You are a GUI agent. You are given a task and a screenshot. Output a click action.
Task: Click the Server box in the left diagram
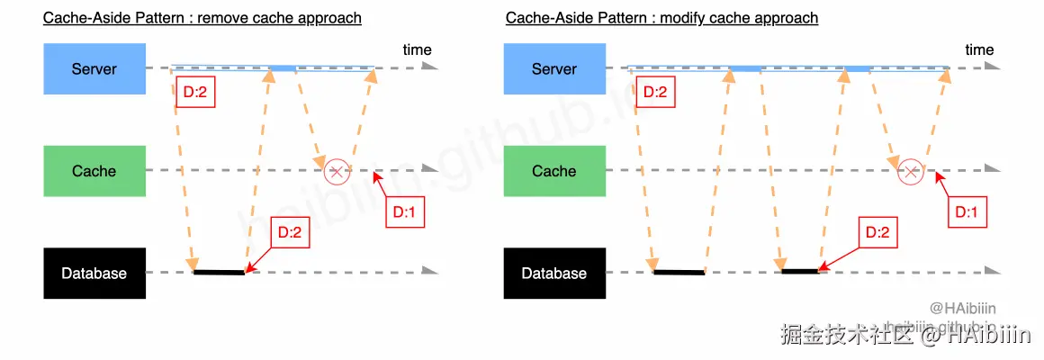(94, 68)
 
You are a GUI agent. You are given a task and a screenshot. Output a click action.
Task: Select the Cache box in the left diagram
(94, 171)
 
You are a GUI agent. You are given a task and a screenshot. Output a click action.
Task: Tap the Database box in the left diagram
(94, 274)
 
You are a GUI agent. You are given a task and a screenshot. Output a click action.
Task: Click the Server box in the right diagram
(553, 68)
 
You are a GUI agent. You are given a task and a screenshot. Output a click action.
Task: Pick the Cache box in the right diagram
(553, 171)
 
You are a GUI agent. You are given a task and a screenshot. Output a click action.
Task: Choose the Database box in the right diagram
(553, 274)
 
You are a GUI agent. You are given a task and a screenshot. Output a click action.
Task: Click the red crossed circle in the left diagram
(337, 170)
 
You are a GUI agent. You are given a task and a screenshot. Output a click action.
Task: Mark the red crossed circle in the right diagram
(911, 171)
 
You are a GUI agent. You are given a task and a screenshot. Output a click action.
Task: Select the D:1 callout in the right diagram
(970, 212)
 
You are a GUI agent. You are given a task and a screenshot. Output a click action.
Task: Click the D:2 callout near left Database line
(289, 232)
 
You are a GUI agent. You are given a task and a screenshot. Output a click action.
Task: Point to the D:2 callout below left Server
(195, 92)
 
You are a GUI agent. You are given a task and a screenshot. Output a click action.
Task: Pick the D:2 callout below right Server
(656, 92)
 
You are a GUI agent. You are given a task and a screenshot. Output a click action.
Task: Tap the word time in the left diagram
(417, 50)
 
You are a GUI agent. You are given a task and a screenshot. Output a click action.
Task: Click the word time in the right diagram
(979, 50)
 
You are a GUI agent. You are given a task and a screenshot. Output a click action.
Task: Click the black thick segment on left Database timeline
(219, 272)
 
